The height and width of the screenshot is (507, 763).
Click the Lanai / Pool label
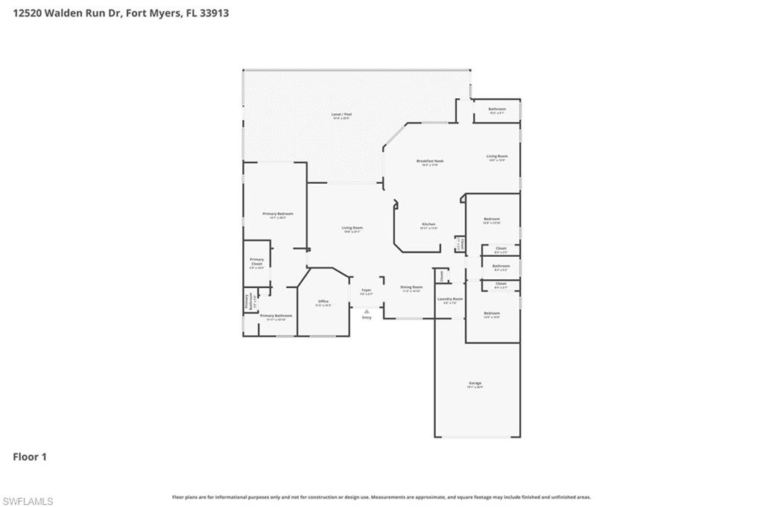[x=341, y=114]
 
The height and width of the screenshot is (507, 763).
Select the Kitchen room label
[x=428, y=224]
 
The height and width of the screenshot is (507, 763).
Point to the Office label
[x=323, y=302]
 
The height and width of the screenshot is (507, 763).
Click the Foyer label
[x=366, y=290]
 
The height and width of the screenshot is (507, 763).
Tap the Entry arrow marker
[x=366, y=312]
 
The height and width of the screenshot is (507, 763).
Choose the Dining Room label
[x=411, y=287]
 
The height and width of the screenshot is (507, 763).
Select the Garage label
[x=475, y=383]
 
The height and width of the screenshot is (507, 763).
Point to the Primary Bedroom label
[x=275, y=214]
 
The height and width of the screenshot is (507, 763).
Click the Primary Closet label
[x=256, y=261]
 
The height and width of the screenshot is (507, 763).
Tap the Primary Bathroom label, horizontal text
[x=276, y=316]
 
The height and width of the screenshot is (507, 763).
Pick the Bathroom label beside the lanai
[x=497, y=109]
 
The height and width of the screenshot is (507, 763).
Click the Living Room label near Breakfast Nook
[x=497, y=156]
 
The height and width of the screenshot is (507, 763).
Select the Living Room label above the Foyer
[x=352, y=228]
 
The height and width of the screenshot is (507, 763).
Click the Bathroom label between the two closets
[x=501, y=266]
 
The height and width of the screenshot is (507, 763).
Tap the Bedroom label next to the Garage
[x=491, y=313]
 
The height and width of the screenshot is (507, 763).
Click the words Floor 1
[x=30, y=457]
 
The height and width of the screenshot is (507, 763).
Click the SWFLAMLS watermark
[x=28, y=501]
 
